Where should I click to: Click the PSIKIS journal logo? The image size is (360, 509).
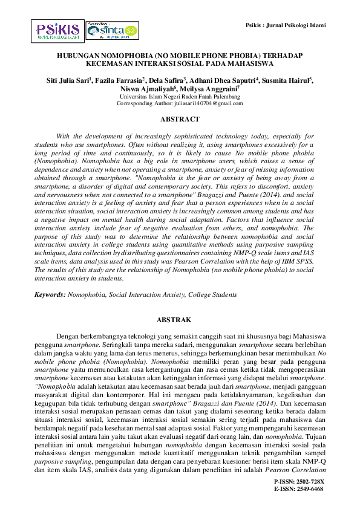point(58,30)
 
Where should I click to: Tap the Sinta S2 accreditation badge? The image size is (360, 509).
point(112,30)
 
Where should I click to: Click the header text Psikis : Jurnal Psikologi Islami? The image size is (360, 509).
point(287,25)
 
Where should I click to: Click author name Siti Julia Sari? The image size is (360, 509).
point(70,80)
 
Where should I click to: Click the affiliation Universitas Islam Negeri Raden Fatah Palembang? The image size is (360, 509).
point(180,96)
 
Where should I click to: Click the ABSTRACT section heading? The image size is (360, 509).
point(180,119)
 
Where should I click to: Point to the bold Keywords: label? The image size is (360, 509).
point(49,294)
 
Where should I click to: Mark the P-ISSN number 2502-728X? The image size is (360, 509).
point(309,481)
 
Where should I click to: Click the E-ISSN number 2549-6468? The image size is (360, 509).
point(309,488)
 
